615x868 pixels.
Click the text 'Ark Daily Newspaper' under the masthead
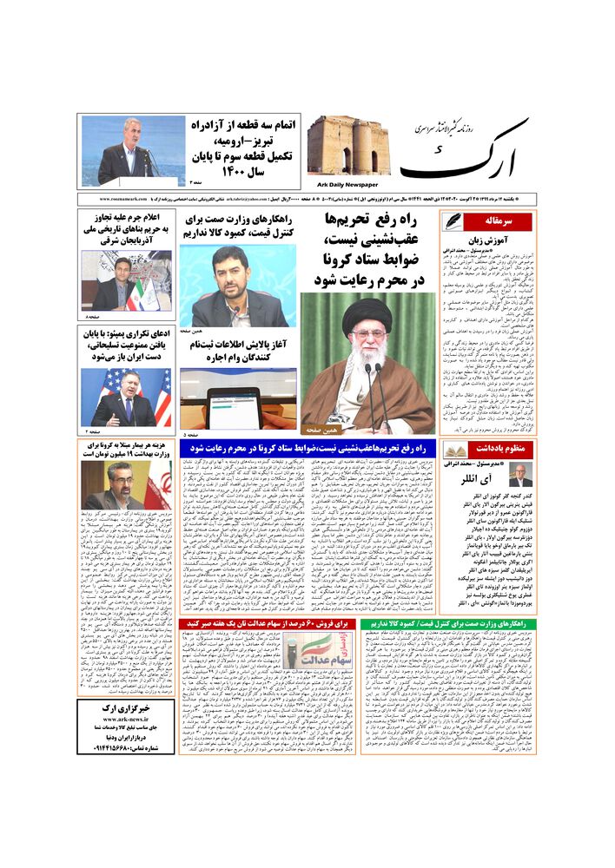point(342,184)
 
